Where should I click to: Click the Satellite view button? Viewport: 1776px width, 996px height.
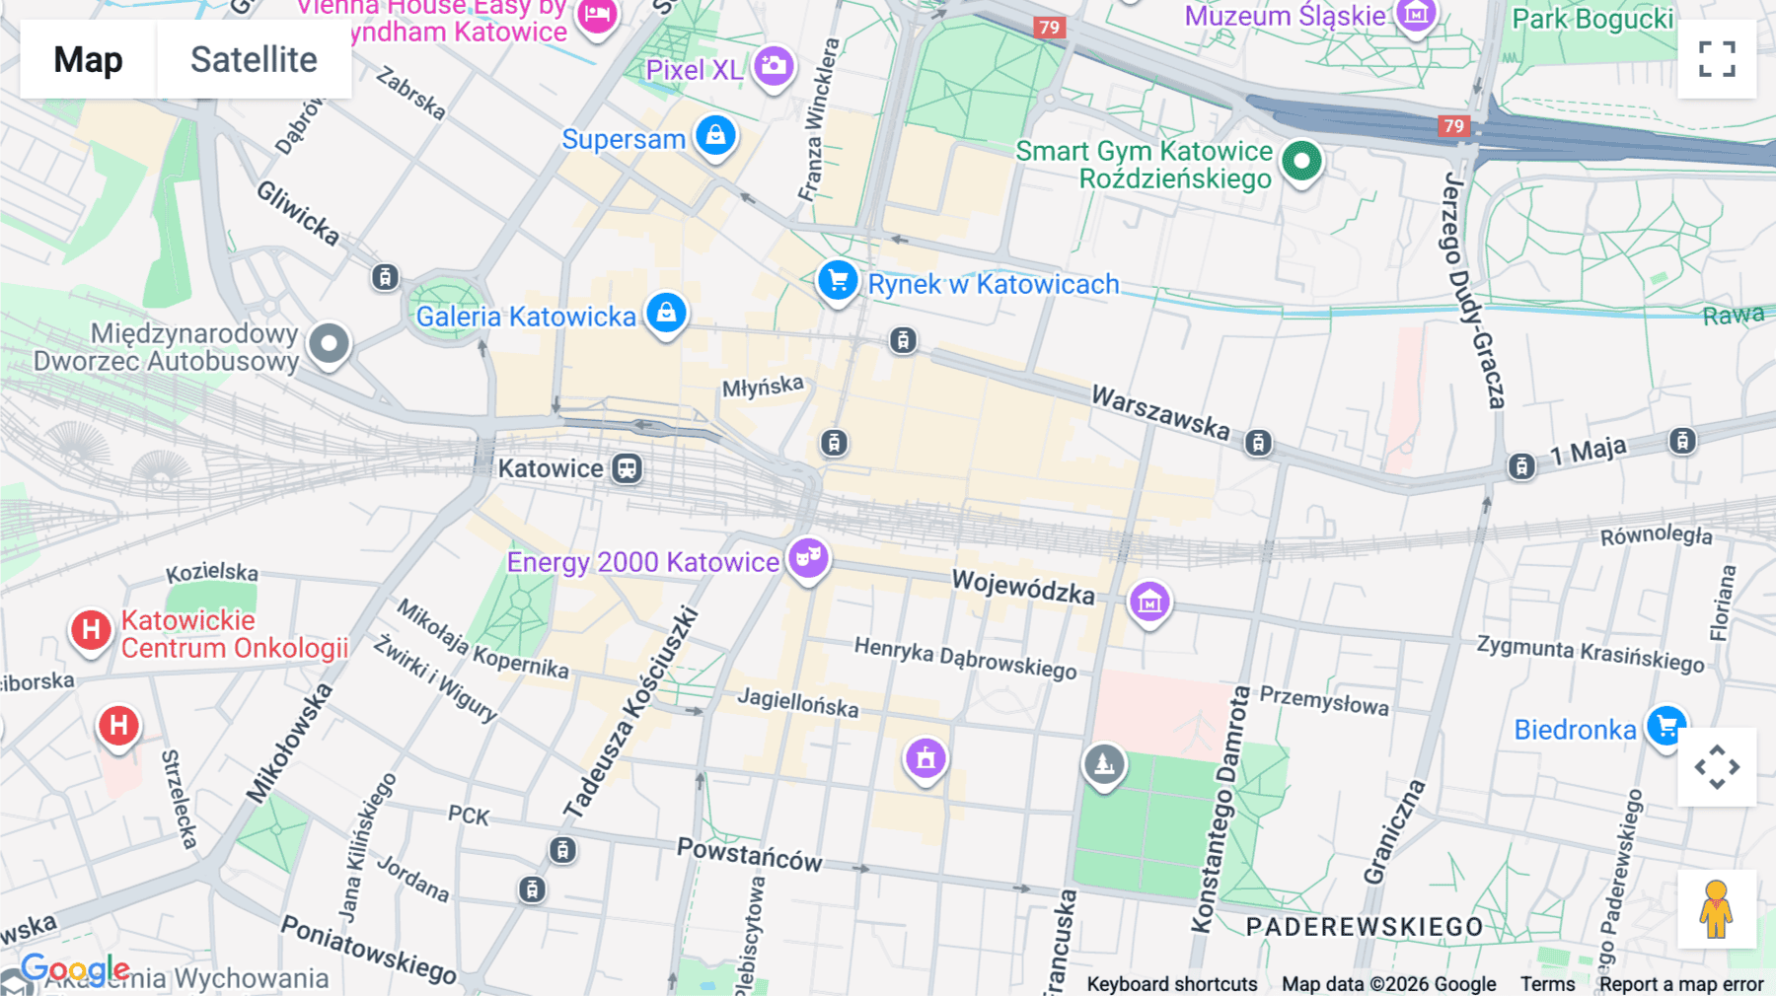[254, 59]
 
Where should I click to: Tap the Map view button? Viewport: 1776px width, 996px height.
[88, 59]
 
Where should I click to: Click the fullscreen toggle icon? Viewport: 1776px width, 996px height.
[1717, 59]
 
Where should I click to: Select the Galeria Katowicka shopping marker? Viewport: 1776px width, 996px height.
[666, 313]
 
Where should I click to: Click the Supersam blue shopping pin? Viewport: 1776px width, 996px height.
[715, 135]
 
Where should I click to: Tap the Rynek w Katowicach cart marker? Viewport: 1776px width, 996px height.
[838, 281]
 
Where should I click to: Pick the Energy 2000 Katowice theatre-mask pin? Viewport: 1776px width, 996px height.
[808, 558]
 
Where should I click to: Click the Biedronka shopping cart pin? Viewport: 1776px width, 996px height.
[1666, 728]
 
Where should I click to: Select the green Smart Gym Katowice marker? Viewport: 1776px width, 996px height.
[1301, 161]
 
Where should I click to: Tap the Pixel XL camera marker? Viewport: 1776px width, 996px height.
[774, 67]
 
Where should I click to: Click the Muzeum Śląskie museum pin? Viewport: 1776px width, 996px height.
[1417, 15]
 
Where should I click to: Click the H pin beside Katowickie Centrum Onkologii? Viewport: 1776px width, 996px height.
[91, 630]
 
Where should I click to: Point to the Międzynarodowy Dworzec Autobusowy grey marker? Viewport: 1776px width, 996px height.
[329, 344]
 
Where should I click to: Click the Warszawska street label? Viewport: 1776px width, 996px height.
[1160, 413]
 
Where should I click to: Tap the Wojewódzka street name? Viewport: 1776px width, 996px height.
[1022, 587]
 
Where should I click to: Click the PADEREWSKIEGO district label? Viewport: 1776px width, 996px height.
[1365, 927]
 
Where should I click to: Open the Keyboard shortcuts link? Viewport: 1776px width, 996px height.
[1171, 984]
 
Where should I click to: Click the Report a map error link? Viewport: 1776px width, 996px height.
[1680, 984]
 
